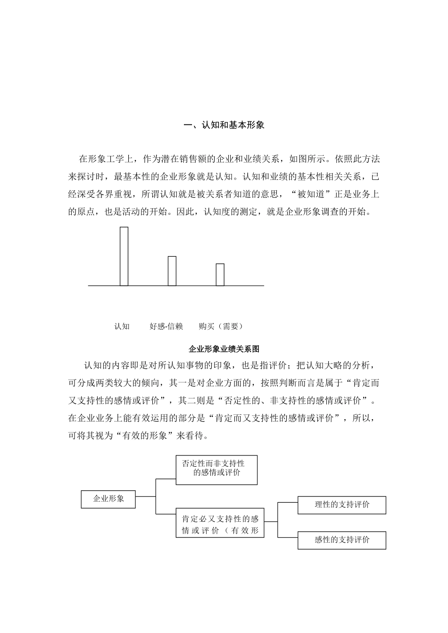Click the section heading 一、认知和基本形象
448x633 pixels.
pos(224,125)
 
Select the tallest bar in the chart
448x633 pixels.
pos(124,256)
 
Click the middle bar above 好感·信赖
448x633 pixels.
pos(172,271)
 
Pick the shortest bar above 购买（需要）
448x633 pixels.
pos(220,275)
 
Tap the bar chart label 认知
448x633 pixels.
pos(122,326)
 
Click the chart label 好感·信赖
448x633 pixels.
pos(166,326)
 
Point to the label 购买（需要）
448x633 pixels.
pos(221,326)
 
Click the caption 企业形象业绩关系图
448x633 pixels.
pos(224,349)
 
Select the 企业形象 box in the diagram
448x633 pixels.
pos(108,499)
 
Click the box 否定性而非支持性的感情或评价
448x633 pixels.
pos(216,470)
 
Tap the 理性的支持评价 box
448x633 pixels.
pos(342,505)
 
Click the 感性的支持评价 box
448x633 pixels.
pos(342,540)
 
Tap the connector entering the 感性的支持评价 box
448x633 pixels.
pos(288,537)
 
